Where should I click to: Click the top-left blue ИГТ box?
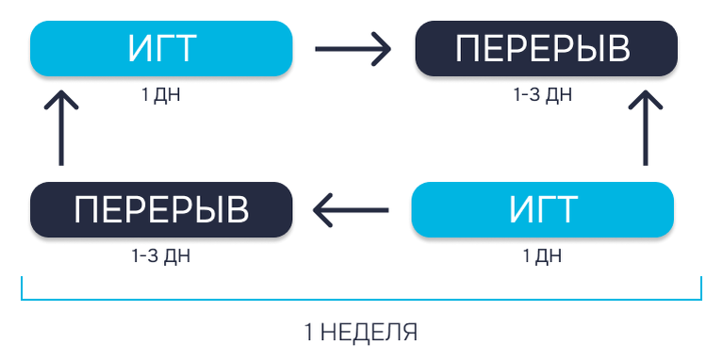tap(161, 48)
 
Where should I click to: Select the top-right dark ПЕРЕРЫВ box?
tap(546, 48)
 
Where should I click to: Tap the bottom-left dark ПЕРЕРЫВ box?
tap(161, 209)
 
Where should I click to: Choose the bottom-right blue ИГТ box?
tap(543, 209)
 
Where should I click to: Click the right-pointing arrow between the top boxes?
tap(353, 48)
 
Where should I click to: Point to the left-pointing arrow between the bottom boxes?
tap(351, 209)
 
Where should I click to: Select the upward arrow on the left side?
tap(61, 128)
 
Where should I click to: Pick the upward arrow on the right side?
tap(647, 128)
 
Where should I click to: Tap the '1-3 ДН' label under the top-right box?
tap(543, 94)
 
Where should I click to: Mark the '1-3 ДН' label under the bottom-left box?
tap(161, 255)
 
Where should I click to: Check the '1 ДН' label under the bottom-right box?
tap(542, 255)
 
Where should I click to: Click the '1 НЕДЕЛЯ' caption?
tap(361, 332)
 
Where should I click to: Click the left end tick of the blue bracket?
tap(23, 288)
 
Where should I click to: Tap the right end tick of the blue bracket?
tap(701, 288)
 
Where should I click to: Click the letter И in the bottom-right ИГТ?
tap(521, 209)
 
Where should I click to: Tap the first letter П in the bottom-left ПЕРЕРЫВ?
tap(88, 209)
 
